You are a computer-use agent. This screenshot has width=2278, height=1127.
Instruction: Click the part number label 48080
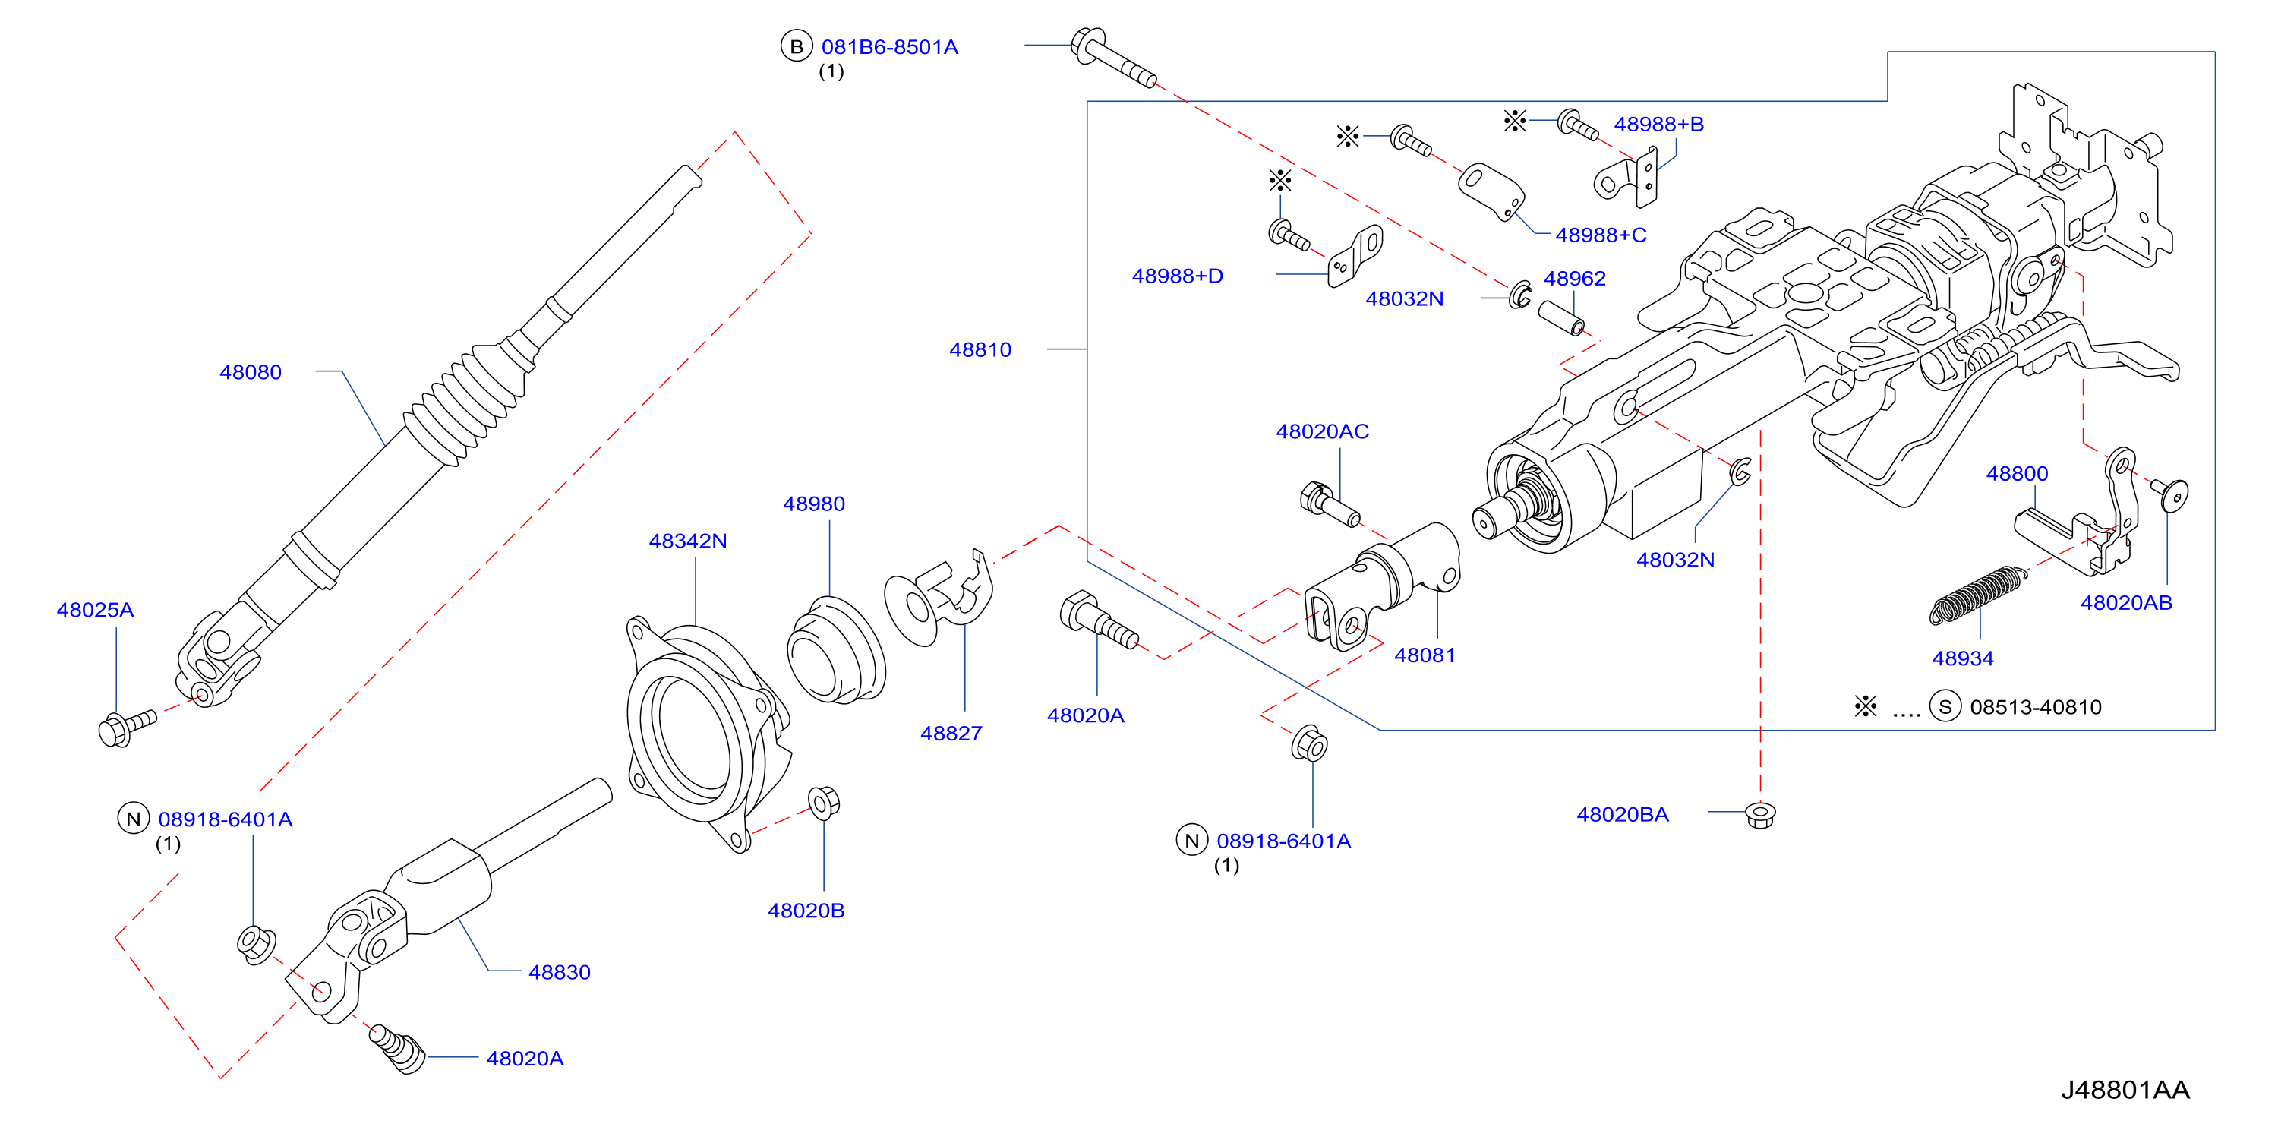251,372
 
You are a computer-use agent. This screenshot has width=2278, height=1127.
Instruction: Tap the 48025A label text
96,610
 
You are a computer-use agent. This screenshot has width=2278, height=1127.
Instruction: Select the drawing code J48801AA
2126,1090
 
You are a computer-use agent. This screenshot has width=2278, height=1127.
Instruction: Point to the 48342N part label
688,541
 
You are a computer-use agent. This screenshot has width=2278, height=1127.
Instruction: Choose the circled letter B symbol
796,47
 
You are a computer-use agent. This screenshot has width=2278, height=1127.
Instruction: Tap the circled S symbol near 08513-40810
1945,707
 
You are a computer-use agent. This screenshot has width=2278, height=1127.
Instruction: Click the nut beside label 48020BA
1761,814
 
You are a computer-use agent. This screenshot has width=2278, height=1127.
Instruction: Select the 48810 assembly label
980,349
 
